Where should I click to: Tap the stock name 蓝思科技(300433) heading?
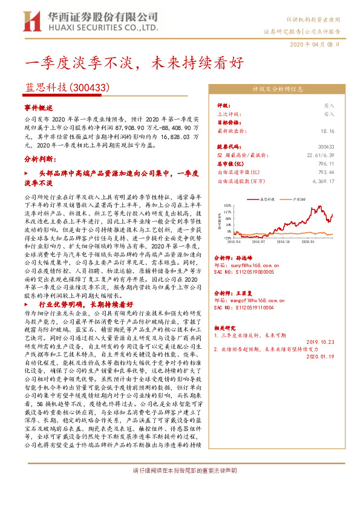point(67,88)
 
